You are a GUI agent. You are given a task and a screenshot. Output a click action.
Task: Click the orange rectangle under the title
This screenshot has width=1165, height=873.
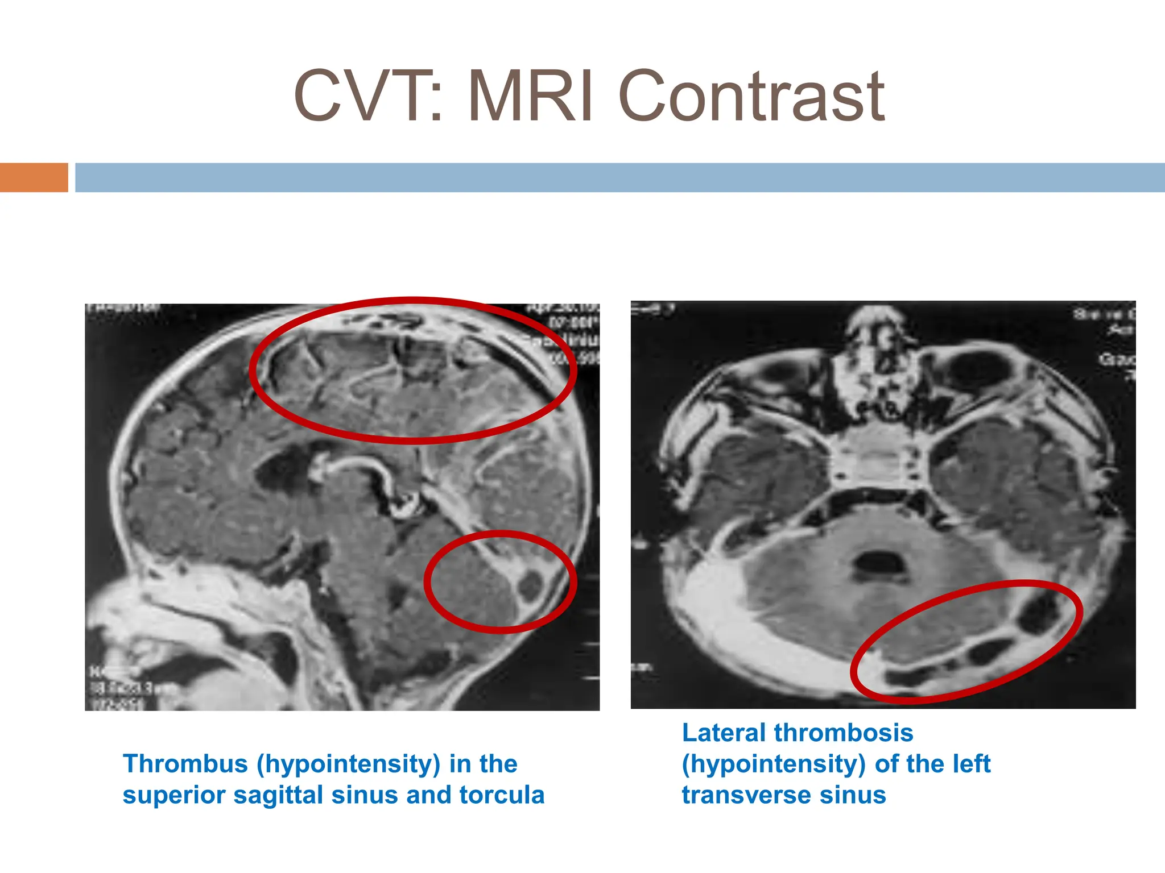(34, 177)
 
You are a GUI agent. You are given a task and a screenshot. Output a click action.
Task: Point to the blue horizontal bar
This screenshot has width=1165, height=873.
(620, 177)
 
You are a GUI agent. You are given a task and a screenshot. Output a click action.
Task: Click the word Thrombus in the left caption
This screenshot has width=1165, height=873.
(185, 764)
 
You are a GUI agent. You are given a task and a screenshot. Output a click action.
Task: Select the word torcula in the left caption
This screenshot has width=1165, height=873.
(502, 795)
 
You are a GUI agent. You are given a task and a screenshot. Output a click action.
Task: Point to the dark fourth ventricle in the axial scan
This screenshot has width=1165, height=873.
(879, 563)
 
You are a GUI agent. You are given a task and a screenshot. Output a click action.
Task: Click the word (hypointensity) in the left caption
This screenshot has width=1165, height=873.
(348, 764)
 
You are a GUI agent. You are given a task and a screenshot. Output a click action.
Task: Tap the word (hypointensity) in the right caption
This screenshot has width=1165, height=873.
(774, 764)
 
